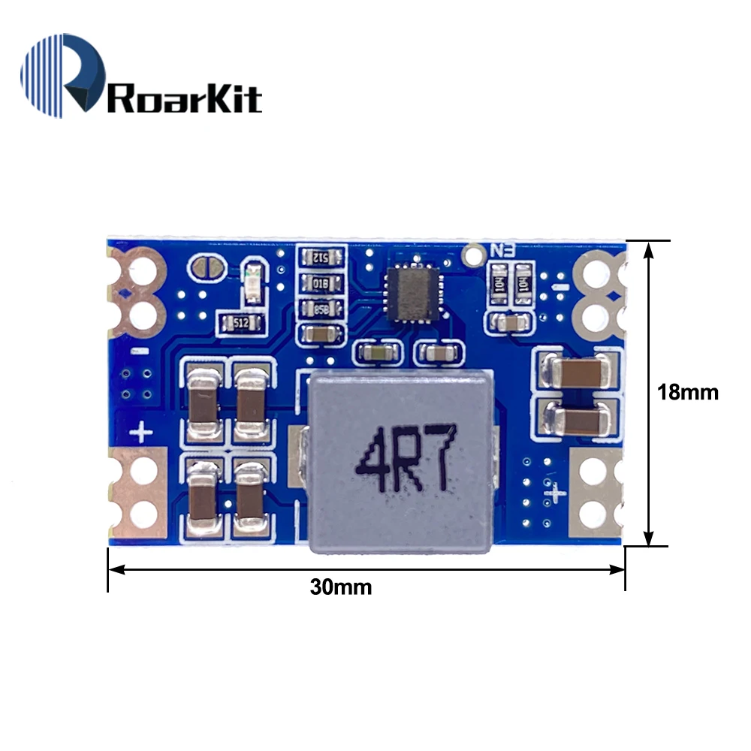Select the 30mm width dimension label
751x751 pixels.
coord(341,587)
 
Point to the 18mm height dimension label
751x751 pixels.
coord(687,391)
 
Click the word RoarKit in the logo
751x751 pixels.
coord(185,98)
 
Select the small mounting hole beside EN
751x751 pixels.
coord(473,255)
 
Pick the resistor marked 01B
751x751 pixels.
coord(322,283)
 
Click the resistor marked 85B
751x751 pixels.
coord(322,308)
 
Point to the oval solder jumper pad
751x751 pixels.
coord(203,266)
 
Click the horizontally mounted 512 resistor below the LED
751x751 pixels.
coord(241,324)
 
